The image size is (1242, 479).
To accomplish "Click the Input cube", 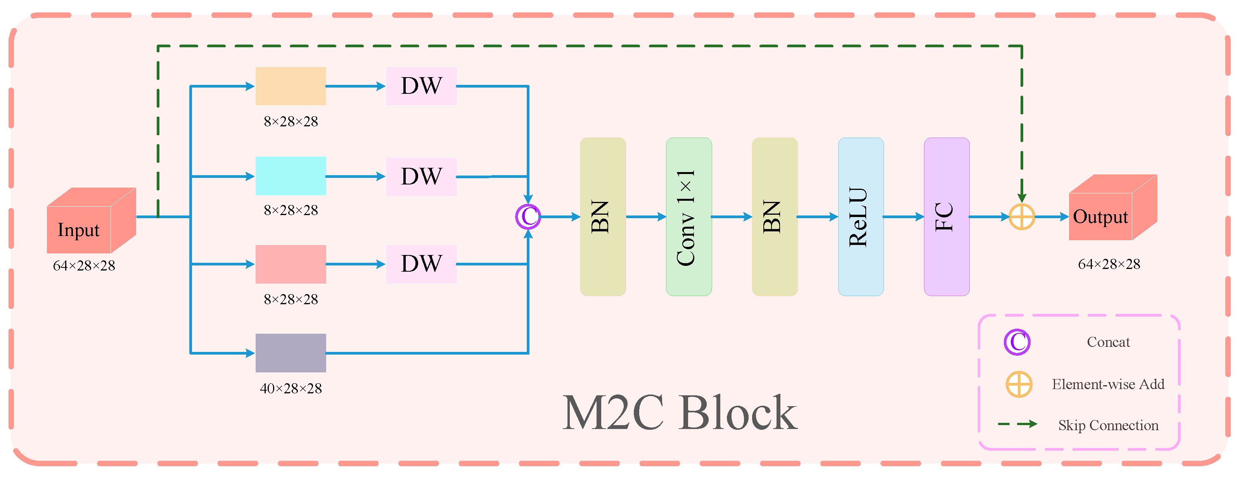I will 89,222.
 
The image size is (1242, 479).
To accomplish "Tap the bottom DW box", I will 421,264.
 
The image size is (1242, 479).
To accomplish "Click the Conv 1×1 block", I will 688,217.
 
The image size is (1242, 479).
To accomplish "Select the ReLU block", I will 861,217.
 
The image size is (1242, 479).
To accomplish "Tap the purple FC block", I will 946,217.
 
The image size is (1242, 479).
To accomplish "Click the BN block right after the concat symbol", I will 603,217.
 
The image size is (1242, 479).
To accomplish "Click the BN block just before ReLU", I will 774,217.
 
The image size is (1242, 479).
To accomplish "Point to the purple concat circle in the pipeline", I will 528,217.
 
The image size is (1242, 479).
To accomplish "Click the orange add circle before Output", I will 1022,217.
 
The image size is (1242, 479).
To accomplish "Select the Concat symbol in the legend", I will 1017,342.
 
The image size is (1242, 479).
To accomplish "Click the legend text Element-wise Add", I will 1108,384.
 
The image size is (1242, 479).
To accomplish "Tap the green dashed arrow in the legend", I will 1017,424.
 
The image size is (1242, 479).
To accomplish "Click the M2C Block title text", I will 680,413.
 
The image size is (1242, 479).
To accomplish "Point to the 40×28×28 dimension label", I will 291,388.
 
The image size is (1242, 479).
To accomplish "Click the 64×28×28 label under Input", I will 84,265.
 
